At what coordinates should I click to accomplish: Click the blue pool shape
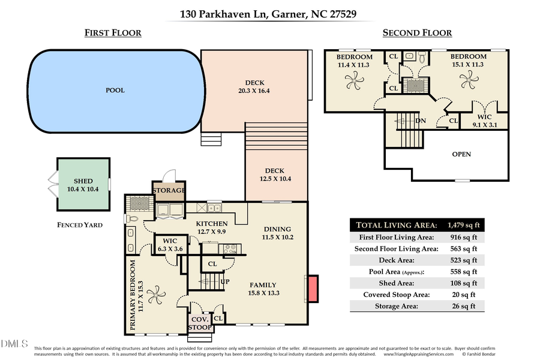pyautogui.click(x=114, y=90)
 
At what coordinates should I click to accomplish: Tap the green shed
pyautogui.click(x=83, y=184)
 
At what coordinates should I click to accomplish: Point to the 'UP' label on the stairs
pyautogui.click(x=226, y=281)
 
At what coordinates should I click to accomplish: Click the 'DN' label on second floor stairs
pyautogui.click(x=421, y=120)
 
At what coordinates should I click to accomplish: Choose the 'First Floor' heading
pyautogui.click(x=113, y=33)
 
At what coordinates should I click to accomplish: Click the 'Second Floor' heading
pyautogui.click(x=417, y=33)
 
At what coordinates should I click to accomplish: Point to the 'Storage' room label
pyautogui.click(x=169, y=191)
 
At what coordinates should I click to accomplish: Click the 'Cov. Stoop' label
pyautogui.click(x=200, y=323)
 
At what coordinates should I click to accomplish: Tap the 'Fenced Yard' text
pyautogui.click(x=76, y=225)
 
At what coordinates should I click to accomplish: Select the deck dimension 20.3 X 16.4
pyautogui.click(x=254, y=91)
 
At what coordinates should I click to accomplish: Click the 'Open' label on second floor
pyautogui.click(x=461, y=154)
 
